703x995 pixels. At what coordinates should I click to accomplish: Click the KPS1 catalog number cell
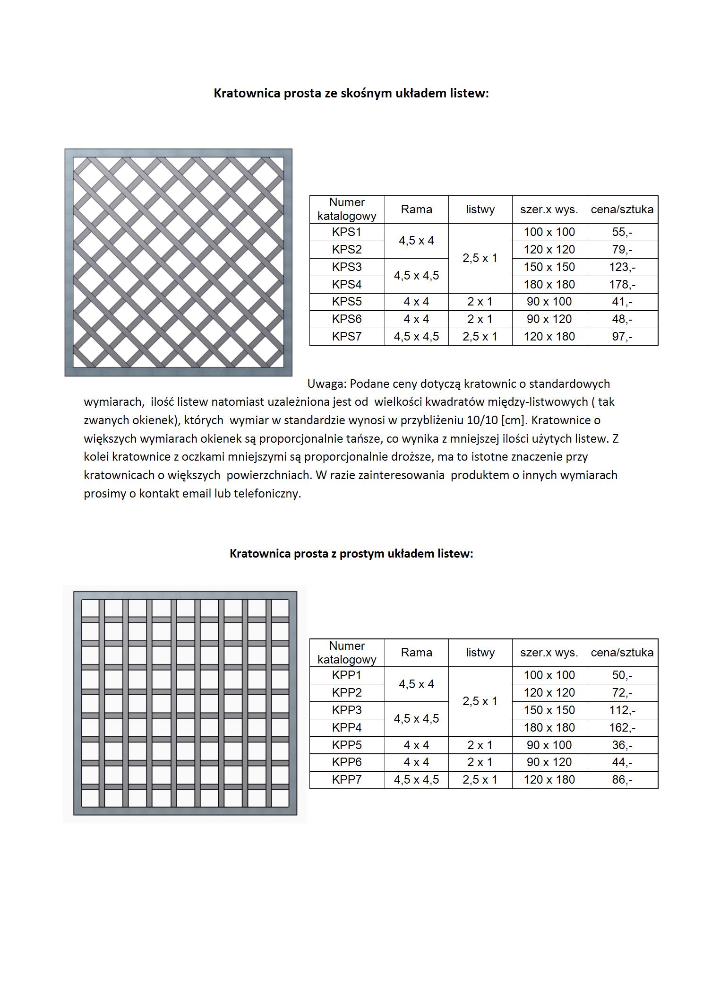coord(346,232)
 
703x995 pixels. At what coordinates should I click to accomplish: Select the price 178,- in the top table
coord(622,285)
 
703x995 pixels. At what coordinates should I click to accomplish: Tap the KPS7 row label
coord(346,337)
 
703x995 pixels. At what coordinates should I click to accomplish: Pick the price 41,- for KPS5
coord(622,302)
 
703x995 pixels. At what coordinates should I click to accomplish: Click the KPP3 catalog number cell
coord(346,710)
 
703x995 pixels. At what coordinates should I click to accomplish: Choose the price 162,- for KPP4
coord(622,728)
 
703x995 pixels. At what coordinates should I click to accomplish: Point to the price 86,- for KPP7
coord(622,780)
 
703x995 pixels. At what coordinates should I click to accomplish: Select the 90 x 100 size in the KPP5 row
coord(549,745)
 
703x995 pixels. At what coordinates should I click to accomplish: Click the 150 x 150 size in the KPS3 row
coord(549,267)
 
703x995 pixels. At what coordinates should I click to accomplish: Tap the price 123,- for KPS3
coord(622,267)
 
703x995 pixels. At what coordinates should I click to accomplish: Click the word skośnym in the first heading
coord(361,93)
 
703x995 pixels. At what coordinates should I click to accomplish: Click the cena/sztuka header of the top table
coord(622,209)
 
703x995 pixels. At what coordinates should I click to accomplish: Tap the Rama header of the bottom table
coord(416,653)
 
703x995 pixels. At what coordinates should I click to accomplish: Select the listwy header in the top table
coord(480,209)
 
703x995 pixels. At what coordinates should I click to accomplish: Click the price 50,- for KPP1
coord(622,675)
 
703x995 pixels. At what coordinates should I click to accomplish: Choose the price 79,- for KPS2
coord(622,250)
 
